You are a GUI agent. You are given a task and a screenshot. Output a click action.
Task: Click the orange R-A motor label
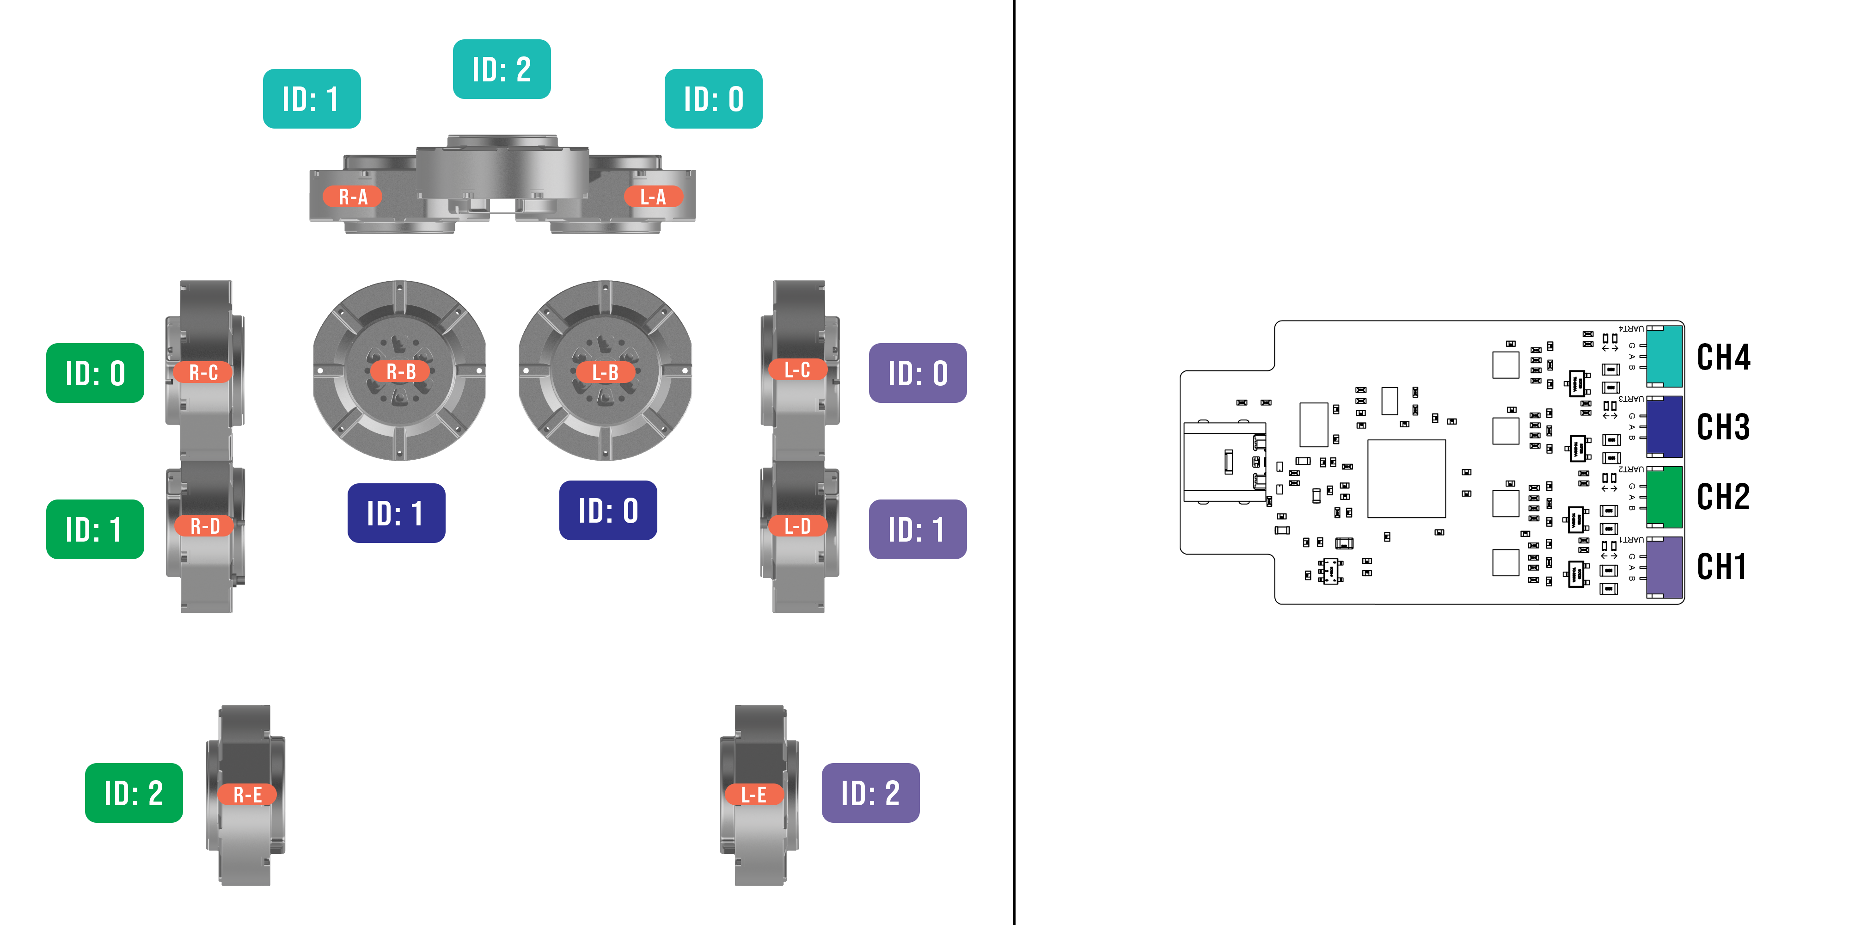pyautogui.click(x=352, y=196)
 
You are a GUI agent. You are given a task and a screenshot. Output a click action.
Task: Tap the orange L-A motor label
pyautogui.click(x=652, y=196)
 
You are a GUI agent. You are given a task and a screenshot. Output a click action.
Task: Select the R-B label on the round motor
pyautogui.click(x=400, y=371)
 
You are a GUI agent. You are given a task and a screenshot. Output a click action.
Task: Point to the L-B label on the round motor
pyautogui.click(x=605, y=372)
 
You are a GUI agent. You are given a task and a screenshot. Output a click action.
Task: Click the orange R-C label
pyautogui.click(x=203, y=372)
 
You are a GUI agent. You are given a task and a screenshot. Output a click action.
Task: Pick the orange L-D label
pyautogui.click(x=797, y=526)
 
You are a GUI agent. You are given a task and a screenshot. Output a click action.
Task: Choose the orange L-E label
pyautogui.click(x=753, y=794)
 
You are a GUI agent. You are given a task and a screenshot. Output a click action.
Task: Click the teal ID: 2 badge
pyautogui.click(x=502, y=69)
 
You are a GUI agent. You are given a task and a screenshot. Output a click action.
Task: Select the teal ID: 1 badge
pyautogui.click(x=312, y=99)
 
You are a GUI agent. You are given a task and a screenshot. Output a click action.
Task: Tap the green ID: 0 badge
pyautogui.click(x=95, y=373)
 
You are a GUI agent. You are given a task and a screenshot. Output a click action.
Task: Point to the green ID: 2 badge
pyautogui.click(x=134, y=793)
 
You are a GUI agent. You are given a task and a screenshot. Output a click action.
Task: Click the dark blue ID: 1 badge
pyautogui.click(x=396, y=513)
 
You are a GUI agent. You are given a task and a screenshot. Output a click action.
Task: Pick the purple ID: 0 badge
pyautogui.click(x=917, y=373)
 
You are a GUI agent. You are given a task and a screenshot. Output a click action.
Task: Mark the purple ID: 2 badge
pyautogui.click(x=870, y=793)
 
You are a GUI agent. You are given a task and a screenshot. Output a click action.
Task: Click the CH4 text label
pyautogui.click(x=1723, y=357)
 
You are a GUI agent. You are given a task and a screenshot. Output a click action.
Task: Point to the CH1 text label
pyautogui.click(x=1721, y=567)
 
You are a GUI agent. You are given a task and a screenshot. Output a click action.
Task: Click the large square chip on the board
pyautogui.click(x=1405, y=478)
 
